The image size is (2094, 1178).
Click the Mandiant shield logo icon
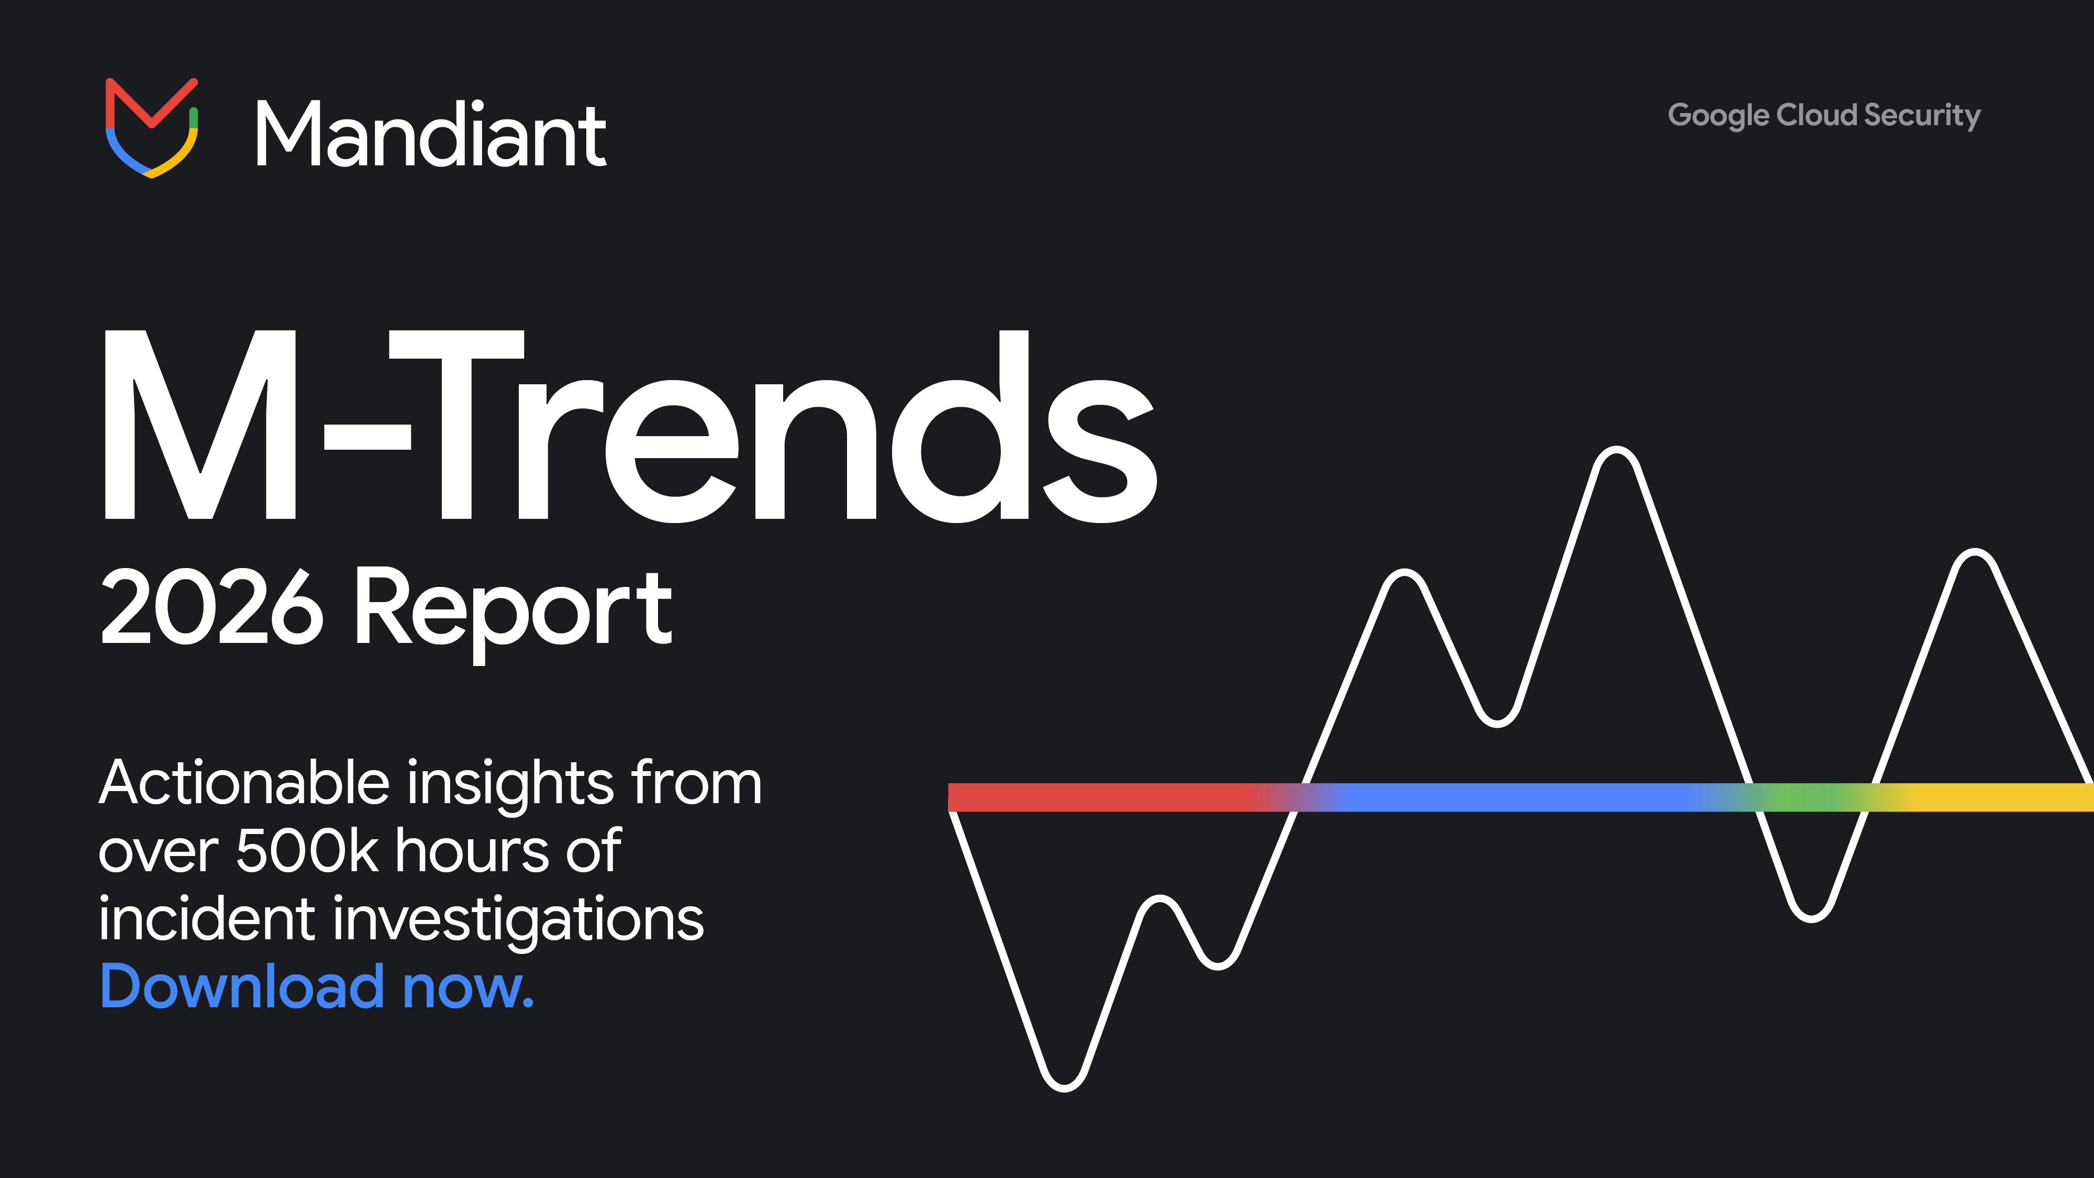[x=152, y=128]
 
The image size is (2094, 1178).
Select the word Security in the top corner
[x=1922, y=115]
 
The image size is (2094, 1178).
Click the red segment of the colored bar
[x=1097, y=797]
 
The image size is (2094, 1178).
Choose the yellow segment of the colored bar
[x=1991, y=797]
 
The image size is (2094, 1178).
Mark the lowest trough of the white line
[x=1064, y=1087]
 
